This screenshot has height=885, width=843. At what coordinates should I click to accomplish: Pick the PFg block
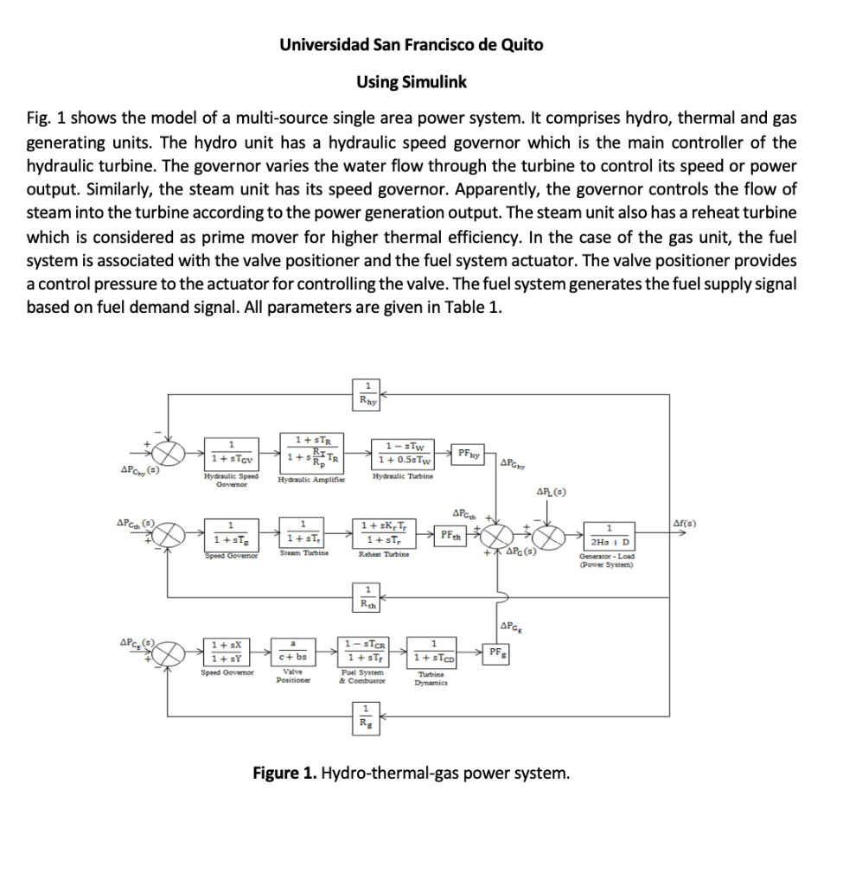497,652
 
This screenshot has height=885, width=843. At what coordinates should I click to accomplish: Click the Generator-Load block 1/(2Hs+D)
610,533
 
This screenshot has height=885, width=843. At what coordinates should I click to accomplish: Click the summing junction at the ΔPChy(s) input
169,452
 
